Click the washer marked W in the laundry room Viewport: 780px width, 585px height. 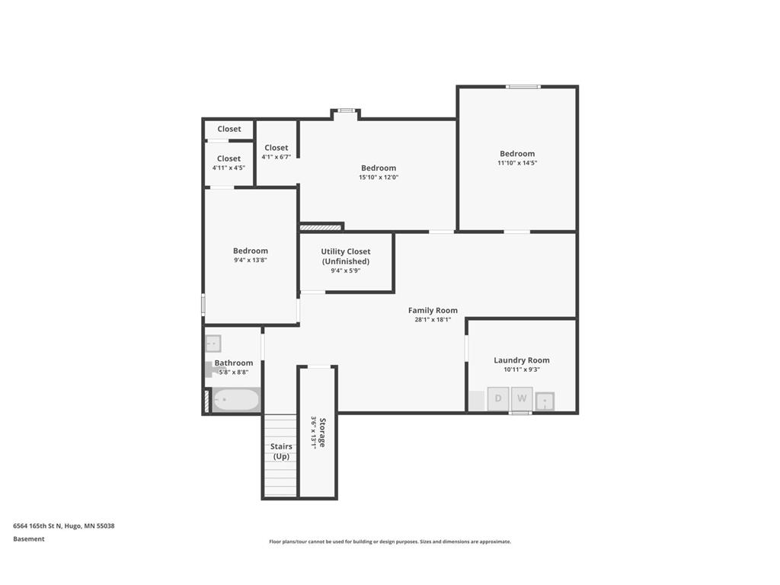[x=522, y=398]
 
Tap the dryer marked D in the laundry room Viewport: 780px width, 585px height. [x=498, y=398]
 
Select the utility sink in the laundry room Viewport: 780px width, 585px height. [x=545, y=401]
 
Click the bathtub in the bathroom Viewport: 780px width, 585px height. [x=235, y=400]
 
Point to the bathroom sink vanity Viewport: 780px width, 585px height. [x=213, y=344]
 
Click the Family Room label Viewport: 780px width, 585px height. [x=433, y=310]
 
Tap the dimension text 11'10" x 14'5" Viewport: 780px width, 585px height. [x=517, y=163]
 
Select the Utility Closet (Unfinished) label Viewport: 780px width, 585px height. [x=345, y=256]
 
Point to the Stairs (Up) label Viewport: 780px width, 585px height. [x=281, y=451]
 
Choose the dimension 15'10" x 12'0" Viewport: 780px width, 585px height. [x=379, y=177]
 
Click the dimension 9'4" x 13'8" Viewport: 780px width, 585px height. [x=250, y=261]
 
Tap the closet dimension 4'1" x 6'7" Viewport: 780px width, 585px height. [x=276, y=157]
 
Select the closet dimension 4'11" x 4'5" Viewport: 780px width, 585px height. [x=229, y=168]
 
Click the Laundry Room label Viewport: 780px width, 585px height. [x=521, y=360]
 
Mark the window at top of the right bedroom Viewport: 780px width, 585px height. [x=523, y=87]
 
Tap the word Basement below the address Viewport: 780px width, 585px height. [x=29, y=539]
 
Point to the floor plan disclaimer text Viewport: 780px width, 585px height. [x=389, y=542]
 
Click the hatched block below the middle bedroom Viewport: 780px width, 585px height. [x=320, y=227]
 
